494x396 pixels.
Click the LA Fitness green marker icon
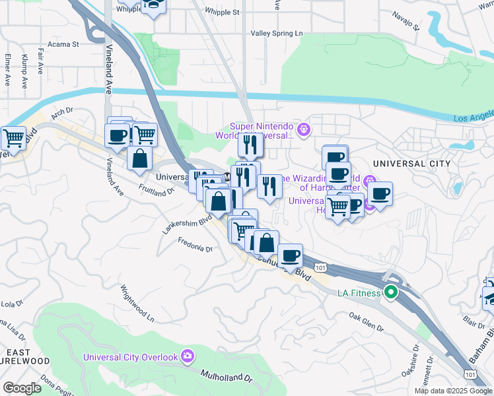coord(391,292)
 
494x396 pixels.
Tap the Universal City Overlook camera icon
coord(188,356)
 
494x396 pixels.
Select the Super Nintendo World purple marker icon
coord(304,129)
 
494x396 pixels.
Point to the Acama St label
coord(65,45)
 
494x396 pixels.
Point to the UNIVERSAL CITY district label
coord(411,163)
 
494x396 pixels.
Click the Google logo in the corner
coord(22,388)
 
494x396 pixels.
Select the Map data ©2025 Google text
coord(453,391)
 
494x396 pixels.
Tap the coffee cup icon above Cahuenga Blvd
coord(289,255)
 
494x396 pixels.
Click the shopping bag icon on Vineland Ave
coord(140,158)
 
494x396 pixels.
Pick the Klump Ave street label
coord(24,71)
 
